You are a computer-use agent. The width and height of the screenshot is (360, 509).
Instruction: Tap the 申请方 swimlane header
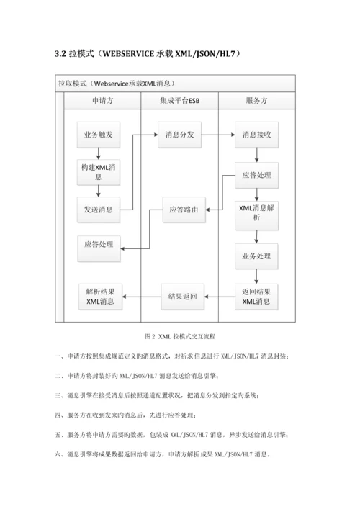tap(101, 102)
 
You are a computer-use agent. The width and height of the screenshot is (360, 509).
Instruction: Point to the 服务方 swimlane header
tap(256, 102)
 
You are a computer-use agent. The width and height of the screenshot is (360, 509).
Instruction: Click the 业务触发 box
tap(100, 135)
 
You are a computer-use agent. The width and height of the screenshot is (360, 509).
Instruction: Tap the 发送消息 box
tap(100, 210)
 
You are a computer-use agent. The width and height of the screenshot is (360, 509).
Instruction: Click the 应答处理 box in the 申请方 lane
tap(100, 246)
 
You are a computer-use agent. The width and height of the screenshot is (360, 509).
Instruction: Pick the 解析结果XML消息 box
tap(100, 297)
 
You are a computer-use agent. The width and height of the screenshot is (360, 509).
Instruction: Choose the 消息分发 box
tap(179, 135)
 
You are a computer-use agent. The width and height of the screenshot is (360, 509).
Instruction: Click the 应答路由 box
tap(184, 210)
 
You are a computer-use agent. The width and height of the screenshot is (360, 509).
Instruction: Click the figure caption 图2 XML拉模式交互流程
tap(181, 336)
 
